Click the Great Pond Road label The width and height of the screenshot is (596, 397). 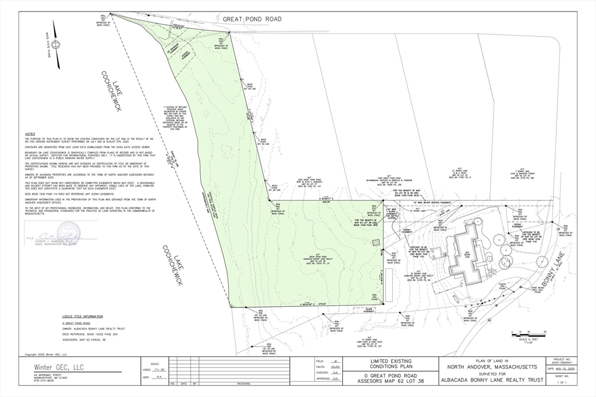252,19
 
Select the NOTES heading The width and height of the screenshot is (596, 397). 30,134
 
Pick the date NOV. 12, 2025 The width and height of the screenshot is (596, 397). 562,369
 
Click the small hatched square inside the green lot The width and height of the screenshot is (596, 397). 376,242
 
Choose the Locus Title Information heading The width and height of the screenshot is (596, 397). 83,317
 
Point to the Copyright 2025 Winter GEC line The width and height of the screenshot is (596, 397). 45,354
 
